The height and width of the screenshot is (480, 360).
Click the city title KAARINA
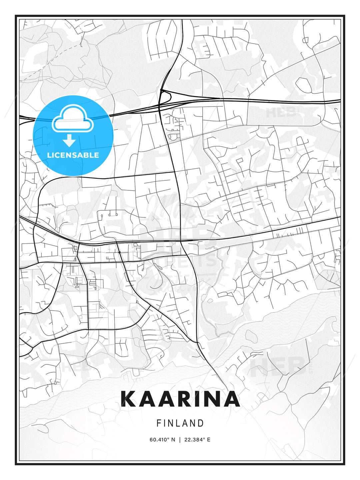pos(180,399)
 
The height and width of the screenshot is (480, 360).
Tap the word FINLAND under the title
pos(180,423)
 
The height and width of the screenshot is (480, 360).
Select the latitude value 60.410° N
pos(162,439)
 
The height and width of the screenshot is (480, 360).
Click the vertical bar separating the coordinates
pos(180,439)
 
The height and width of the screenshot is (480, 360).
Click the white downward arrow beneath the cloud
pos(69,140)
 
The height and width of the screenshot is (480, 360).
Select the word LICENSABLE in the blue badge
pos(73,155)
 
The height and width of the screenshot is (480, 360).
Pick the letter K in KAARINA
pos(129,399)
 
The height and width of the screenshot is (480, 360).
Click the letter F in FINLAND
pos(159,423)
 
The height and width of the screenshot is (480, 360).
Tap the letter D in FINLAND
pos(201,423)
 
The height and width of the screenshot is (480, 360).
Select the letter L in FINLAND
pos(178,423)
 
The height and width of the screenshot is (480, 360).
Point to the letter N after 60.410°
pos(173,439)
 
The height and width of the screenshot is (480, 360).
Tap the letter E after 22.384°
pos(208,439)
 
